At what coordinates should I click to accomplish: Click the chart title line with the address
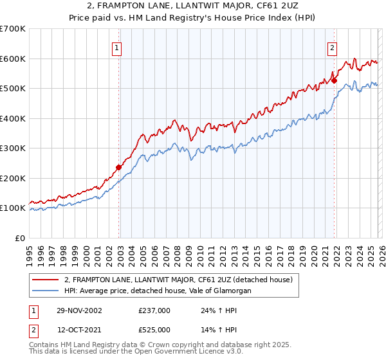tap(192, 6)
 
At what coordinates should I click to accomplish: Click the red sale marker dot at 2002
tap(119, 167)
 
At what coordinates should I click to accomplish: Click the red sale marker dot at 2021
tap(335, 81)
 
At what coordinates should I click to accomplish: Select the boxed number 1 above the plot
tap(116, 47)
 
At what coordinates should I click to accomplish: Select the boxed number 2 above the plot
tap(332, 47)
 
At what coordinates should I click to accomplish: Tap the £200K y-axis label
tap(12, 178)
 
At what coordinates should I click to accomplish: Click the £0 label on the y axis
tap(20, 238)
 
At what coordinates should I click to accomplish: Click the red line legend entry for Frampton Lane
tap(178, 280)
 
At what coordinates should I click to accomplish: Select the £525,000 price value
tap(154, 329)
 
